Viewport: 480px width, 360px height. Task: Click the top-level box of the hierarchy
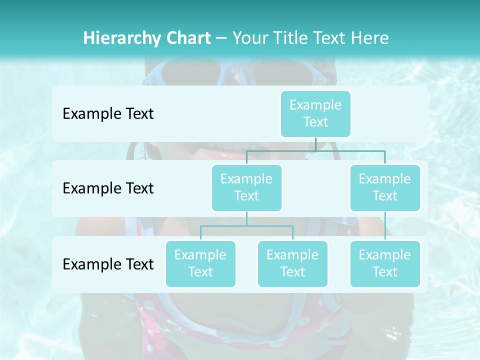[315, 113]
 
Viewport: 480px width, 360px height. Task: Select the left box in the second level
[246, 187]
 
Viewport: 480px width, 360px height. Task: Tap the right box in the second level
[385, 187]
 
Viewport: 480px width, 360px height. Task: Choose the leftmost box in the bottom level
[200, 263]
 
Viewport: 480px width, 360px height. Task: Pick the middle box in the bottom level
[292, 263]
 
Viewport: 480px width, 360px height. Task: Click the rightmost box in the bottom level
[385, 263]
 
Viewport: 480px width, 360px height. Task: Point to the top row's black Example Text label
[108, 114]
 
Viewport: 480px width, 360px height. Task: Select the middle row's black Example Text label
[108, 188]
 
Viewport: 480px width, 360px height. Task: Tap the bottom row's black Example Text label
[108, 264]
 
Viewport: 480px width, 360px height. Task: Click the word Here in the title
[370, 38]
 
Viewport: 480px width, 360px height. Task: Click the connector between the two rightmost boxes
[385, 226]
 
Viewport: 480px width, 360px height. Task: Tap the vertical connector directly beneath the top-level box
[315, 144]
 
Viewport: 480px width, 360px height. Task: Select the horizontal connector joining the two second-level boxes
[315, 150]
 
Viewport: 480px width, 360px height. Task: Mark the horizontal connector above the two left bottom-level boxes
[246, 226]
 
